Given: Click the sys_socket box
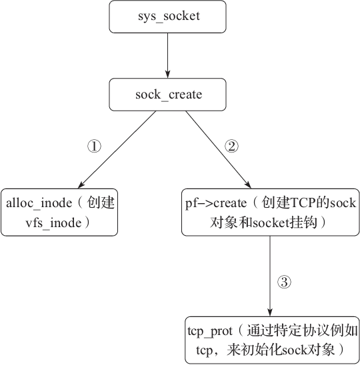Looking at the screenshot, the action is click(x=167, y=17).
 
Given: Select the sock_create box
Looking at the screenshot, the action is click(x=167, y=95).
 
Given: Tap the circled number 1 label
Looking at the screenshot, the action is click(x=94, y=147).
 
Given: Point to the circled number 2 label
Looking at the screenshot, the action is click(x=231, y=147).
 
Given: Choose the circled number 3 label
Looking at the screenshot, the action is click(x=284, y=282).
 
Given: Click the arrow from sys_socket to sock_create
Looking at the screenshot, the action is click(x=167, y=56).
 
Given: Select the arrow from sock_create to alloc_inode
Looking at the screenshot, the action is click(x=117, y=149).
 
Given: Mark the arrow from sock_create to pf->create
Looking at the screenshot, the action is click(x=218, y=149).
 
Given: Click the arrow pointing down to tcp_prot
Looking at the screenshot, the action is click(x=270, y=276).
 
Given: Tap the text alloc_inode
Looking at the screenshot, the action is click(x=39, y=203).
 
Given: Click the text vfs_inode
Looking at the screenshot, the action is click(x=53, y=223).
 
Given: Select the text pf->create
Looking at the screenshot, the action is click(x=216, y=203).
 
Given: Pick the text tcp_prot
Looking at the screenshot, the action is click(x=210, y=332).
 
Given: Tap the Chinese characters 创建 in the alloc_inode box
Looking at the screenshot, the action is click(x=101, y=202).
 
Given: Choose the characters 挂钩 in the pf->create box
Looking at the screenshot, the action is click(x=303, y=222).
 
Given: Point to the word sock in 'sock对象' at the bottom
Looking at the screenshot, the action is click(x=294, y=350).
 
